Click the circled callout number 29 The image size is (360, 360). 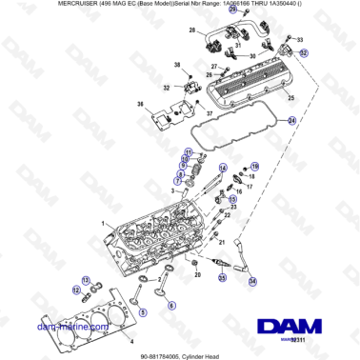pos(208,10)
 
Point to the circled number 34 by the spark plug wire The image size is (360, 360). pos(252,282)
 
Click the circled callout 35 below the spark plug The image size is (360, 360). pos(221,277)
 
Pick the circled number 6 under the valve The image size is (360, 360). pos(171,306)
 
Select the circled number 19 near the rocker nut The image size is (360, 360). pos(254,166)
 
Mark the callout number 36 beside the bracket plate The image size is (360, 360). pos(140,105)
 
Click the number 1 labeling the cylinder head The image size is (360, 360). pos(111,223)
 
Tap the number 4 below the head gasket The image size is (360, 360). pos(131,340)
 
